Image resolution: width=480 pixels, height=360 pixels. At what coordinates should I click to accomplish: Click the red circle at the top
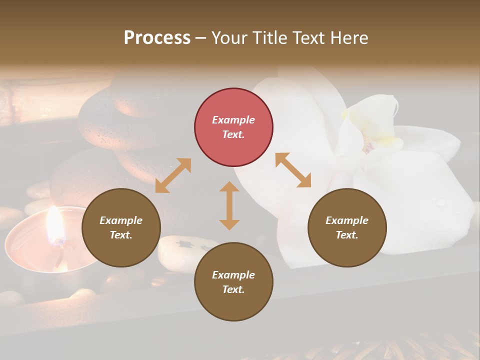click(x=233, y=127)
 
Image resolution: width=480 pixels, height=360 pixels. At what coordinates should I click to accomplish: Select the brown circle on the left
click(x=121, y=227)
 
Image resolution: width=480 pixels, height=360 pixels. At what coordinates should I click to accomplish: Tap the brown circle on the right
click(x=347, y=227)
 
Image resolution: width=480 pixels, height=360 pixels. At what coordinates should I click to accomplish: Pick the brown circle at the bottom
click(x=233, y=282)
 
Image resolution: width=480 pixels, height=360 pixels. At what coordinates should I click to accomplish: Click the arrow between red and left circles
click(x=173, y=175)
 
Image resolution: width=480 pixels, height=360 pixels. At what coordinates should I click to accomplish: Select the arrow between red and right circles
click(x=293, y=170)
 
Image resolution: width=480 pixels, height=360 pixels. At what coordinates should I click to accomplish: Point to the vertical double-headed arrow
click(x=229, y=205)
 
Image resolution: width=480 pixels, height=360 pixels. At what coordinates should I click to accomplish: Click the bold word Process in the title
click(x=157, y=38)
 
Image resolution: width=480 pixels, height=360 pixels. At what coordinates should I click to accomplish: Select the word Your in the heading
click(x=229, y=38)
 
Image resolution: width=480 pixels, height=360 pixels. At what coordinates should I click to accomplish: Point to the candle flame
click(x=54, y=227)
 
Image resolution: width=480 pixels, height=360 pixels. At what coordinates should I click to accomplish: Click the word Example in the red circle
click(x=233, y=120)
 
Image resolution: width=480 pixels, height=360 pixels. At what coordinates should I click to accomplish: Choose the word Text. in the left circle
click(x=121, y=235)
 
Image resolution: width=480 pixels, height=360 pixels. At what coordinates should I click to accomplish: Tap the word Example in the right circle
click(x=347, y=220)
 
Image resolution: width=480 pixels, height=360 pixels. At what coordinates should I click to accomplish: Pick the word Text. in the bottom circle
click(x=233, y=289)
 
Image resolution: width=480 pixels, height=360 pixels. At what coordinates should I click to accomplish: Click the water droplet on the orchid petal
click(x=441, y=202)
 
